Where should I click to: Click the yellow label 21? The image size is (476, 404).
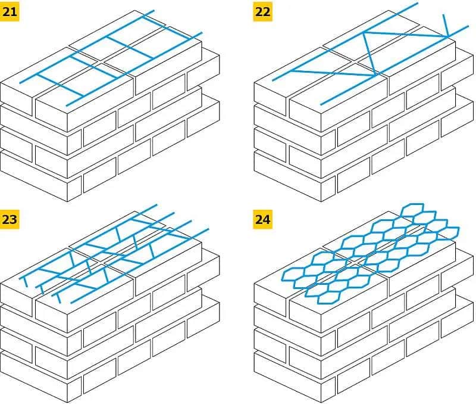point(10,11)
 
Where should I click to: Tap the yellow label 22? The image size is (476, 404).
point(262,11)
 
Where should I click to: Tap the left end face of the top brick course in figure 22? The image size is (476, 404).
point(271,95)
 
